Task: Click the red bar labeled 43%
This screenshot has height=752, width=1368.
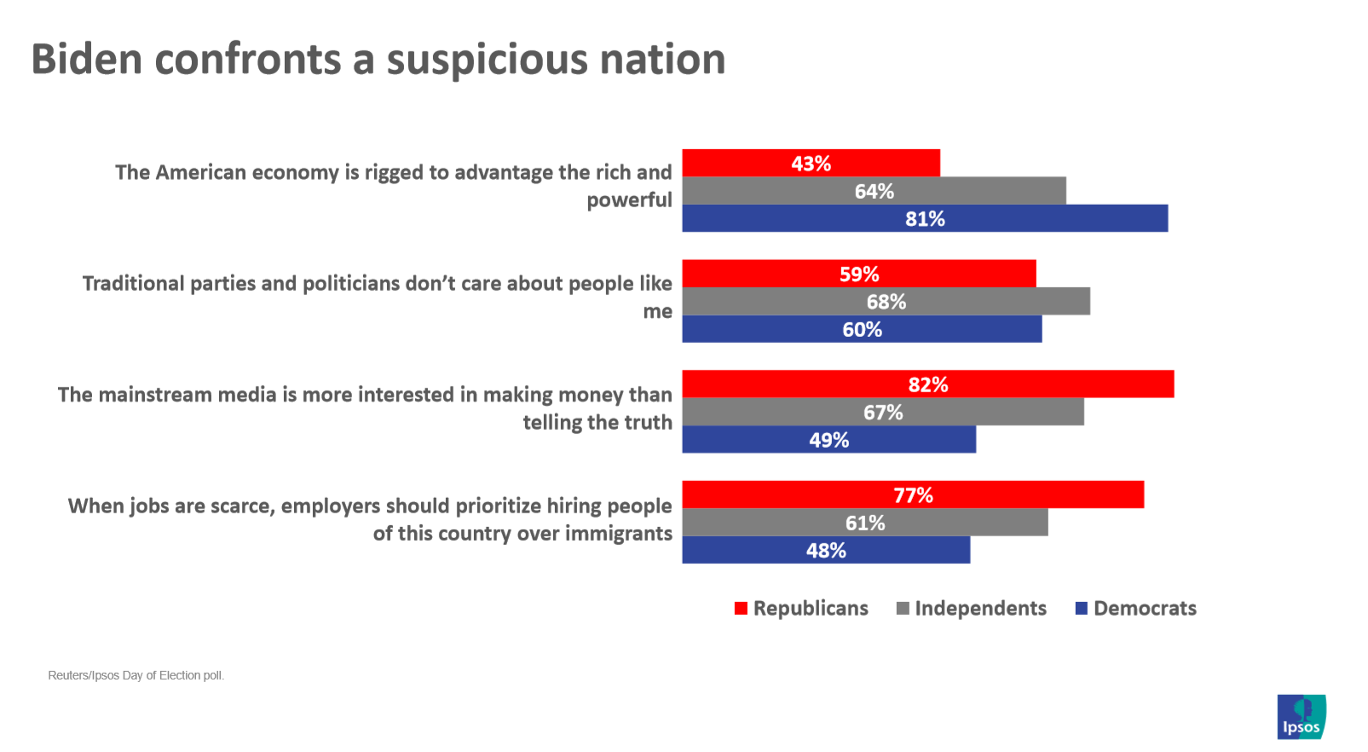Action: (811, 163)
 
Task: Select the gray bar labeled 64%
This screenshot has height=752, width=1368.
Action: (874, 191)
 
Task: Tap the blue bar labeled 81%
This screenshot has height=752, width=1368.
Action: (925, 218)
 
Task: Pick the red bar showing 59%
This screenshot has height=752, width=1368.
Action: (858, 274)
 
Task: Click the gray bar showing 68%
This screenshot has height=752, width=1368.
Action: (886, 301)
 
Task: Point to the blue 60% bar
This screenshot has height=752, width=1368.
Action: (862, 329)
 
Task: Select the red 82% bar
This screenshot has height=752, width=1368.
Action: (927, 384)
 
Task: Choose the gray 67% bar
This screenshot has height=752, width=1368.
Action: (883, 412)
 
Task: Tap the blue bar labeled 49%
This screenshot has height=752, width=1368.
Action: (828, 440)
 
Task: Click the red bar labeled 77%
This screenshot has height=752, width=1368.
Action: (913, 495)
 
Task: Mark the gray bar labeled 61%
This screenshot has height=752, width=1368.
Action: (864, 523)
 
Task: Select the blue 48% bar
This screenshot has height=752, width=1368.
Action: (826, 550)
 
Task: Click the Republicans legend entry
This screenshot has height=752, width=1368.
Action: (802, 608)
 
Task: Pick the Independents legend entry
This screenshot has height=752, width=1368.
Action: (972, 608)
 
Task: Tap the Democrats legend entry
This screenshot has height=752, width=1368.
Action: (1136, 608)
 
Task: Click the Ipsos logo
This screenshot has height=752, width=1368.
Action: (1302, 716)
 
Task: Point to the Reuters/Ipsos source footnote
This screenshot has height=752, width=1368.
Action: (136, 675)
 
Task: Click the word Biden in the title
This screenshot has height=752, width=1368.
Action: (86, 60)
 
